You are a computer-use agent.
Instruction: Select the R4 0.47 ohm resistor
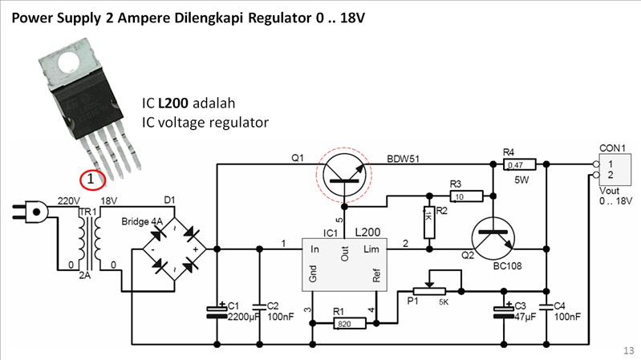pyautogui.click(x=514, y=164)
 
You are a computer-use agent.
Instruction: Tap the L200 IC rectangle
pyautogui.click(x=344, y=265)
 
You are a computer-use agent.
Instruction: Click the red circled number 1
pyautogui.click(x=92, y=180)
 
